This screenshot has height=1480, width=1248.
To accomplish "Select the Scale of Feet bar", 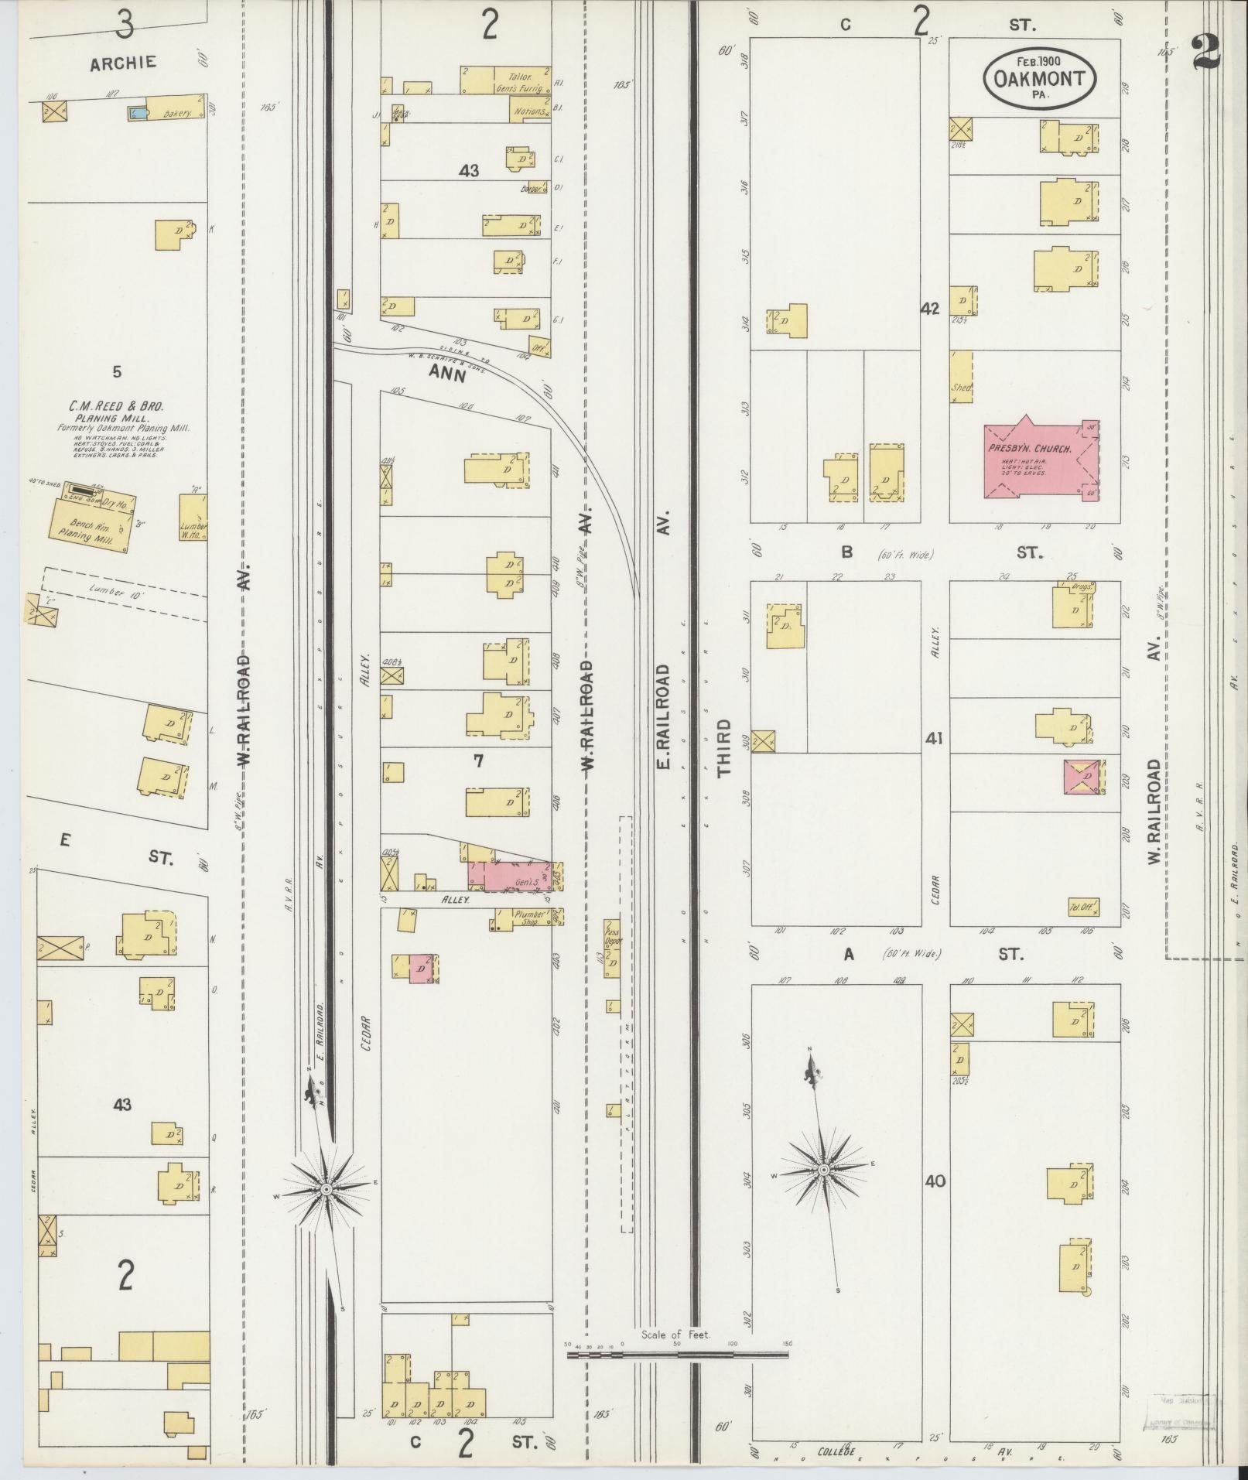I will [677, 813].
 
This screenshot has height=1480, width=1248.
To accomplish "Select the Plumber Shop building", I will [527, 918].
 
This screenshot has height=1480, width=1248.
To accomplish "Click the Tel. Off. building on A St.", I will [1083, 907].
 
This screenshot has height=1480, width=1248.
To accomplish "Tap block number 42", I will [929, 309].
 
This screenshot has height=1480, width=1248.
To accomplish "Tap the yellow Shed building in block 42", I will [961, 377].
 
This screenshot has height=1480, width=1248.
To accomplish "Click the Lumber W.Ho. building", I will [193, 517].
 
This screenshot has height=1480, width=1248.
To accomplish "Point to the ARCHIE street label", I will [123, 63].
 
